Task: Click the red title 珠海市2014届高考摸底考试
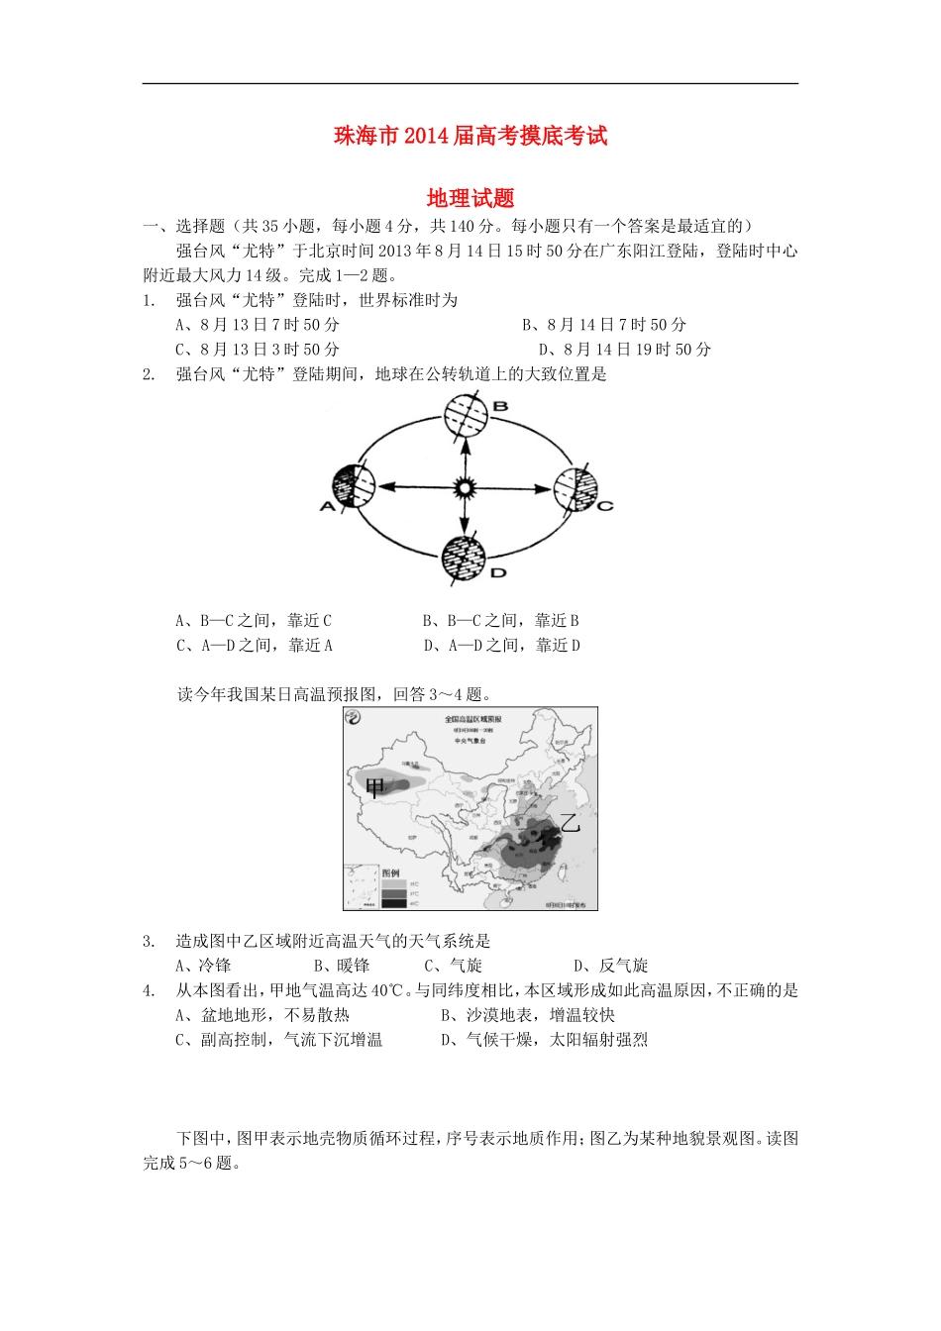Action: tap(470, 136)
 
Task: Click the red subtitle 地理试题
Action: tap(470, 198)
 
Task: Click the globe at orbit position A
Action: tap(355, 487)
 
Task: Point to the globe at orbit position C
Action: tap(575, 488)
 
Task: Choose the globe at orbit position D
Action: tap(464, 560)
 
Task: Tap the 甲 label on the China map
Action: tap(374, 788)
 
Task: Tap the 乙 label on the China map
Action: tap(569, 822)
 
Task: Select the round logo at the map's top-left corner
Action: tap(357, 720)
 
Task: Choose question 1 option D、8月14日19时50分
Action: tap(624, 350)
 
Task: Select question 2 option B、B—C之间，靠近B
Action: tap(500, 621)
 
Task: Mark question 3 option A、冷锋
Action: tap(203, 966)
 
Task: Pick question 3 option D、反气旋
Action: tap(610, 966)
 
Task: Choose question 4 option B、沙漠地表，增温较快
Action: tap(527, 1015)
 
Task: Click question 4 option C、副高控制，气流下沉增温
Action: tap(278, 1040)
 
